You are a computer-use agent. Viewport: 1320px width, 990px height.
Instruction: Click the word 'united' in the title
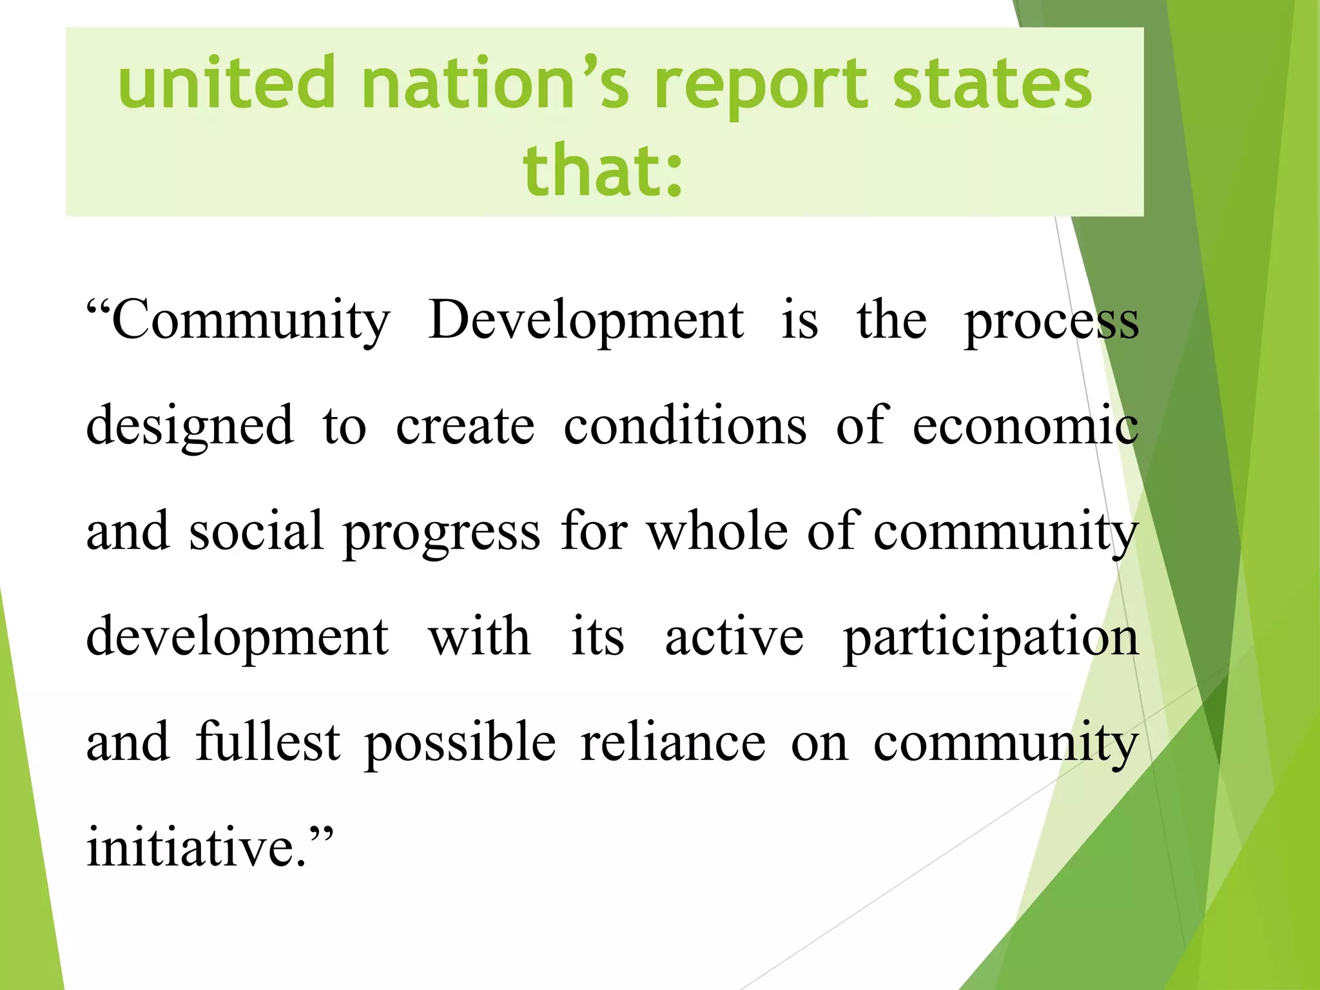coord(227,84)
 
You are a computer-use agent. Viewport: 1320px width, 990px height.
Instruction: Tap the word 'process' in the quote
coord(1051,322)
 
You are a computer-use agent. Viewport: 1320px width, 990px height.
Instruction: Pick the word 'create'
coord(465,427)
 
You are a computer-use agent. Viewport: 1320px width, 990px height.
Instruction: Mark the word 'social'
coord(256,531)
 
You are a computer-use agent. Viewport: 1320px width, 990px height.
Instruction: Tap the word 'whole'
coord(717,531)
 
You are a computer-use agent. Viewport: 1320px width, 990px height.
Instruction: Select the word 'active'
coord(734,637)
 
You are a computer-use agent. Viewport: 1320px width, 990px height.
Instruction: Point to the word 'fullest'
coord(267,742)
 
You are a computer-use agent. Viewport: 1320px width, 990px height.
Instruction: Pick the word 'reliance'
coord(673,742)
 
